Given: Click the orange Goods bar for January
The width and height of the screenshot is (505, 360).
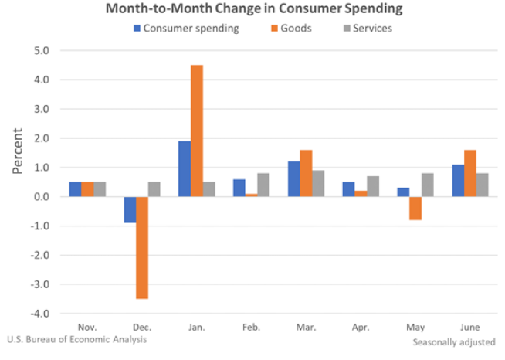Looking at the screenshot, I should click(197, 131).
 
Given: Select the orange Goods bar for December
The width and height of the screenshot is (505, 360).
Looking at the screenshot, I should click(141, 247).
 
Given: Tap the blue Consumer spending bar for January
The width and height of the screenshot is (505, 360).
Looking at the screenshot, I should click(185, 168).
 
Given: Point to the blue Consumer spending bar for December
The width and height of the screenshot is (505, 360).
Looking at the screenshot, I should click(130, 209).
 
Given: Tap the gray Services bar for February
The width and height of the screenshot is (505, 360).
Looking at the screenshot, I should click(264, 185).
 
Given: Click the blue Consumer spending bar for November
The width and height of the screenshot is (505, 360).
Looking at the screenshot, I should click(74, 189).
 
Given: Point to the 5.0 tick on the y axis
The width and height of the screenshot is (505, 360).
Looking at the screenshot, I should click(40, 51).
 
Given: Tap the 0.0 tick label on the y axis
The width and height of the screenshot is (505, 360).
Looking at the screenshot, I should click(40, 197).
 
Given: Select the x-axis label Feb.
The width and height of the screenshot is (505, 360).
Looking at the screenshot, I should click(252, 328).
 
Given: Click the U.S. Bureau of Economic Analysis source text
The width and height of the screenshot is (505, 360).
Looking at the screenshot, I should click(76, 339).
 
